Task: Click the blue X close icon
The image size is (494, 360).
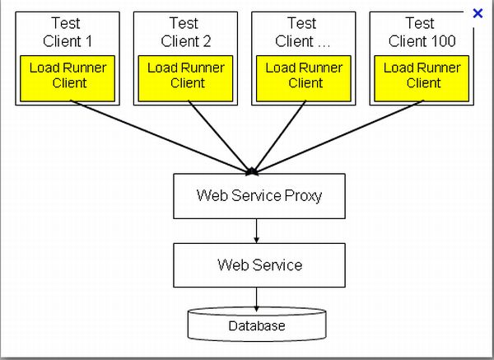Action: click(x=478, y=13)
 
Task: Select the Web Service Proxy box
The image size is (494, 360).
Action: click(x=259, y=196)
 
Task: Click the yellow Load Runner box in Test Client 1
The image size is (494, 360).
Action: click(x=69, y=75)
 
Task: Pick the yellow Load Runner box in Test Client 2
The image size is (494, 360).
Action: click(x=187, y=75)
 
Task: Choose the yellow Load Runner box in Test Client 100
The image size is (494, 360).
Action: click(x=424, y=75)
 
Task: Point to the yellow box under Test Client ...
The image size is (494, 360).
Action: click(x=305, y=75)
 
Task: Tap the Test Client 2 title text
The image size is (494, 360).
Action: click(x=186, y=32)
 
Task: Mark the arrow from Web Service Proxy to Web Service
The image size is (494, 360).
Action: click(x=257, y=231)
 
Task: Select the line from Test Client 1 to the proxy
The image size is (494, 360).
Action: click(x=156, y=135)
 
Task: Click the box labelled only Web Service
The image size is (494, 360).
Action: click(x=259, y=265)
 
